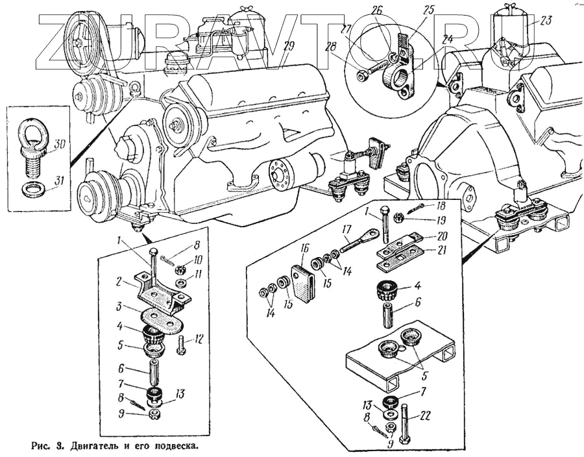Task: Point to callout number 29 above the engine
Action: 289,46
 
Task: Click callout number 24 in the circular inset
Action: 447,39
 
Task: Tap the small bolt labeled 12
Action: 181,345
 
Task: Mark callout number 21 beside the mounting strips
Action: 441,251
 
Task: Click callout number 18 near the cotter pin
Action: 441,205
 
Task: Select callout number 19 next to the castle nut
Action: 441,220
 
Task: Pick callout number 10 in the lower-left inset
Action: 198,259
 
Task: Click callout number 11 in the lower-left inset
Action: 197,275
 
